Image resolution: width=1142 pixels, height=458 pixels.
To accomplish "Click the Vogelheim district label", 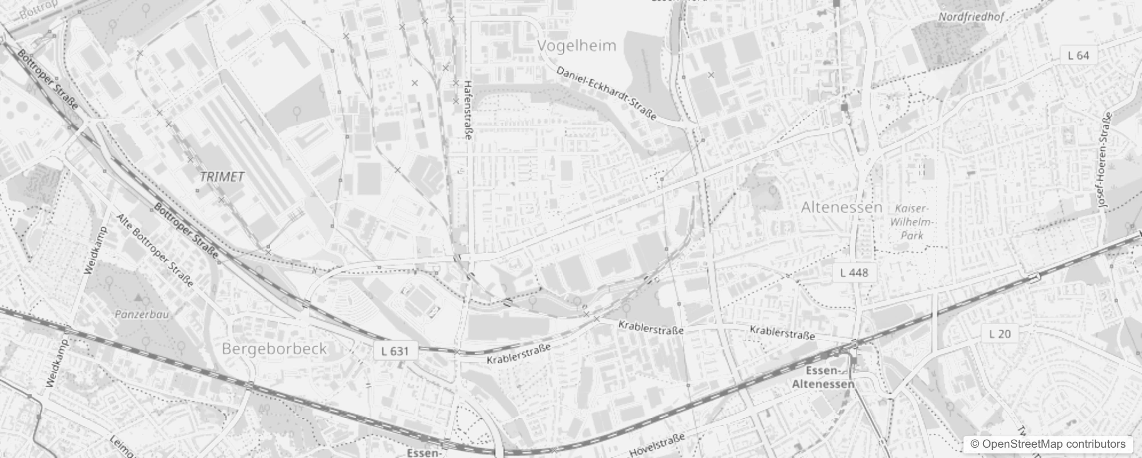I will point(577,46).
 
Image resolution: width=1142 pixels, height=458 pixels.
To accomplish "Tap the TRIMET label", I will point(223,177).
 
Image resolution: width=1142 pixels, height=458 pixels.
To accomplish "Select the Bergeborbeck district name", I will point(275,349).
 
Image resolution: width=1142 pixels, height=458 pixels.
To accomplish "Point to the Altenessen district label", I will point(841,207).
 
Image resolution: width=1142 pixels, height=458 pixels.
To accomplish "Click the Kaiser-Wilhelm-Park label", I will point(912,222).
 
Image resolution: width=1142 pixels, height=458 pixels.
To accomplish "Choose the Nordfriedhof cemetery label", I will point(971,17).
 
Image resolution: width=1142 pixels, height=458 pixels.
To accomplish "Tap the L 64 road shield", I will point(1078,56).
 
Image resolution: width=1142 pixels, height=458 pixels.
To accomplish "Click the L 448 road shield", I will point(854,273).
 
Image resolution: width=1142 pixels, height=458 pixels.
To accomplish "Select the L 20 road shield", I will point(1000,334).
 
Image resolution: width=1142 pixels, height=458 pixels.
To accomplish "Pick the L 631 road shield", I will point(395,351).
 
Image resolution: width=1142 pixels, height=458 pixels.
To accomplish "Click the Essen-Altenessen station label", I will point(823,378).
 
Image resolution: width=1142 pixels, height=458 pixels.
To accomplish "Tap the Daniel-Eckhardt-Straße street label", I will point(606,94).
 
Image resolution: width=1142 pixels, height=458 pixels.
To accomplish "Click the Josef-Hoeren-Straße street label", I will point(1104,160).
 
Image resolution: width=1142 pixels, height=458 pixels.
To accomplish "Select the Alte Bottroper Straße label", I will point(155,250).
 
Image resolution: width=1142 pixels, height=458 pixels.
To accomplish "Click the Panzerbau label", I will point(141,314).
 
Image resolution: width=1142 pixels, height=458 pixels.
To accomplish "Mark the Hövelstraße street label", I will point(657,445).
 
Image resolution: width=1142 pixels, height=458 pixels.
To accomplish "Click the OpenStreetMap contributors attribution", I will point(1046,444).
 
